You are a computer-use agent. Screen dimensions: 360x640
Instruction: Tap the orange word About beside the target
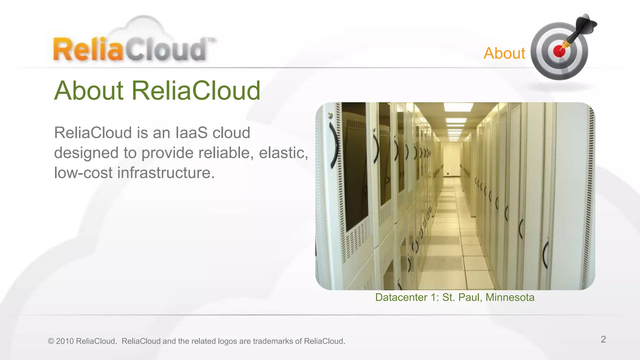tap(504, 53)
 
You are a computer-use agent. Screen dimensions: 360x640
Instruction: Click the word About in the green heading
tap(89, 91)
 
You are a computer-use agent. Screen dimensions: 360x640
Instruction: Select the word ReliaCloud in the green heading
tap(196, 91)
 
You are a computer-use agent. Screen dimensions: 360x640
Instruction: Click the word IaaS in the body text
tap(192, 133)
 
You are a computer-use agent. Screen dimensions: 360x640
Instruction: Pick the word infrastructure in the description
tap(166, 173)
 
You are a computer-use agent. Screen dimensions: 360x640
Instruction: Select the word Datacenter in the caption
tap(401, 297)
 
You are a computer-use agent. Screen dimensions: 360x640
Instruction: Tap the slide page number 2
tap(603, 339)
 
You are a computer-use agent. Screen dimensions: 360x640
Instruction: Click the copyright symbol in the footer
tap(51, 341)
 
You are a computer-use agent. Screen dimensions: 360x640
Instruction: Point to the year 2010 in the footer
tap(65, 341)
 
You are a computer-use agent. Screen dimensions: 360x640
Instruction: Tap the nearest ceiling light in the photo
tap(458, 107)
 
